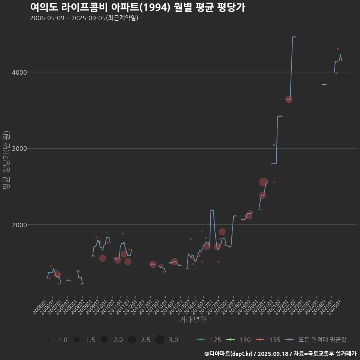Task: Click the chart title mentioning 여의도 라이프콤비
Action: (x=137, y=7)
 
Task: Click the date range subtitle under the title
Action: (x=84, y=18)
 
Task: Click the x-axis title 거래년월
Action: (x=193, y=320)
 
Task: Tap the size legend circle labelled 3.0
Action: (x=159, y=340)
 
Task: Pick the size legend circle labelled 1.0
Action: (x=49, y=340)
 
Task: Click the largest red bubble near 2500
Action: (x=264, y=182)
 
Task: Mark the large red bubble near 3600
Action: (x=289, y=99)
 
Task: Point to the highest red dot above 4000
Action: (x=338, y=49)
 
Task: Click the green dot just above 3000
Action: (x=274, y=145)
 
